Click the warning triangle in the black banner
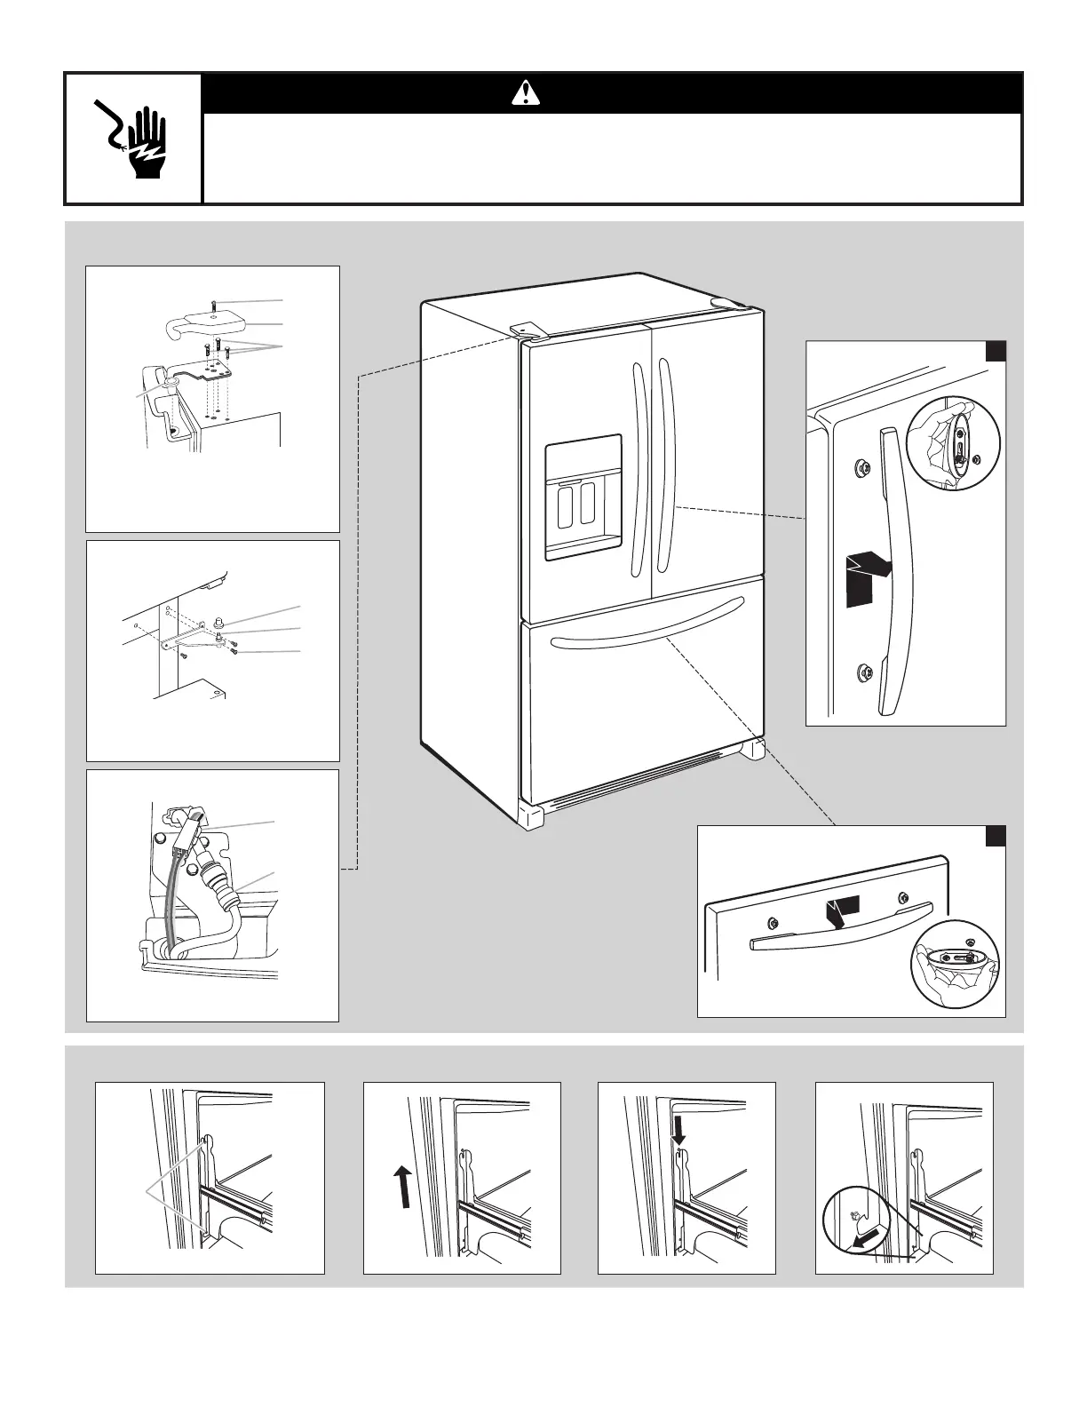coord(525,92)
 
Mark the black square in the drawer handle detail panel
coord(996,837)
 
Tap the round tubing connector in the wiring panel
coord(218,885)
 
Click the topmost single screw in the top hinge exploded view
coord(214,305)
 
